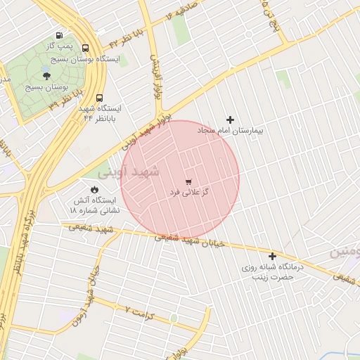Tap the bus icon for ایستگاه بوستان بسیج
coord(86,49)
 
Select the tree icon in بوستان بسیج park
coord(46,75)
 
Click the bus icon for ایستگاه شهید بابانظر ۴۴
coord(98,98)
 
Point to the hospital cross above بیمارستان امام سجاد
coord(229,120)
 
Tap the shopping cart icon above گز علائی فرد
coord(188,181)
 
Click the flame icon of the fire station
coord(94,189)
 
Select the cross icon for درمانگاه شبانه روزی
coord(272,256)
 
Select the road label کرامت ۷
coord(138,309)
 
